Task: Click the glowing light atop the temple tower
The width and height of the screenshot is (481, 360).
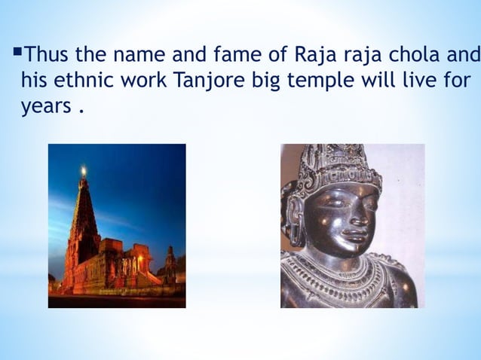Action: [83, 171]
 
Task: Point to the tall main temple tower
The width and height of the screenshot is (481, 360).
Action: [83, 218]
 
